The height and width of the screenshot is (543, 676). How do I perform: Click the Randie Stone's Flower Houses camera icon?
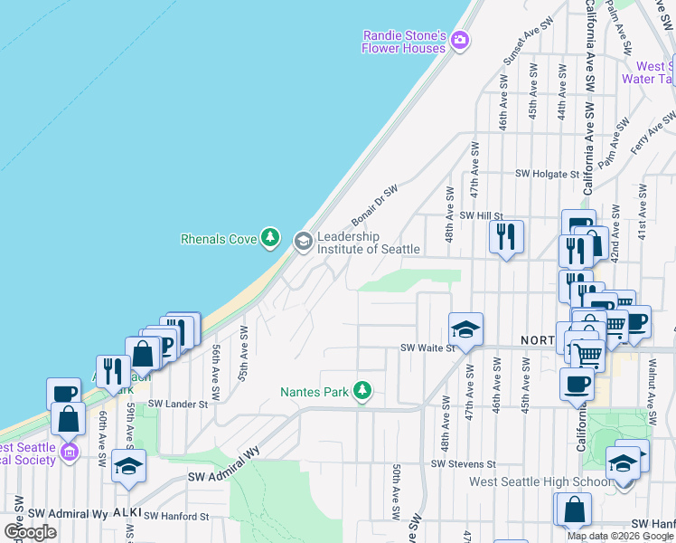tap(460, 39)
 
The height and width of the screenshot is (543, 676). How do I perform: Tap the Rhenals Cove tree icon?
tap(269, 238)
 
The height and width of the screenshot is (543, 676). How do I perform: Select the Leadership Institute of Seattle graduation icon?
tap(303, 240)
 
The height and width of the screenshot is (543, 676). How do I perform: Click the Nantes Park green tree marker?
tap(362, 391)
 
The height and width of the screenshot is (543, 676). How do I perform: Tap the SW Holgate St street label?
tap(546, 174)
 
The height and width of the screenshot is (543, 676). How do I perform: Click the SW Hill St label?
tap(480, 215)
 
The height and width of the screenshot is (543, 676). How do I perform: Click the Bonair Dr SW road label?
tap(374, 205)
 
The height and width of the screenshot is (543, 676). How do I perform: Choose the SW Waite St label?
tap(426, 348)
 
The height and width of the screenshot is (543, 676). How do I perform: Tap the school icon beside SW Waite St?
tap(465, 329)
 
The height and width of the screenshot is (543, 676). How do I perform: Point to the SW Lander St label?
tap(178, 405)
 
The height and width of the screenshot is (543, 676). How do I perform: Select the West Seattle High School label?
tap(540, 481)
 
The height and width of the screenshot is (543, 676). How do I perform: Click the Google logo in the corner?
tap(30, 532)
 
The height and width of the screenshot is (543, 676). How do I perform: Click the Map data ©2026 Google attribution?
tap(620, 536)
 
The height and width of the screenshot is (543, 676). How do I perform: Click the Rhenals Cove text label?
tap(220, 240)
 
